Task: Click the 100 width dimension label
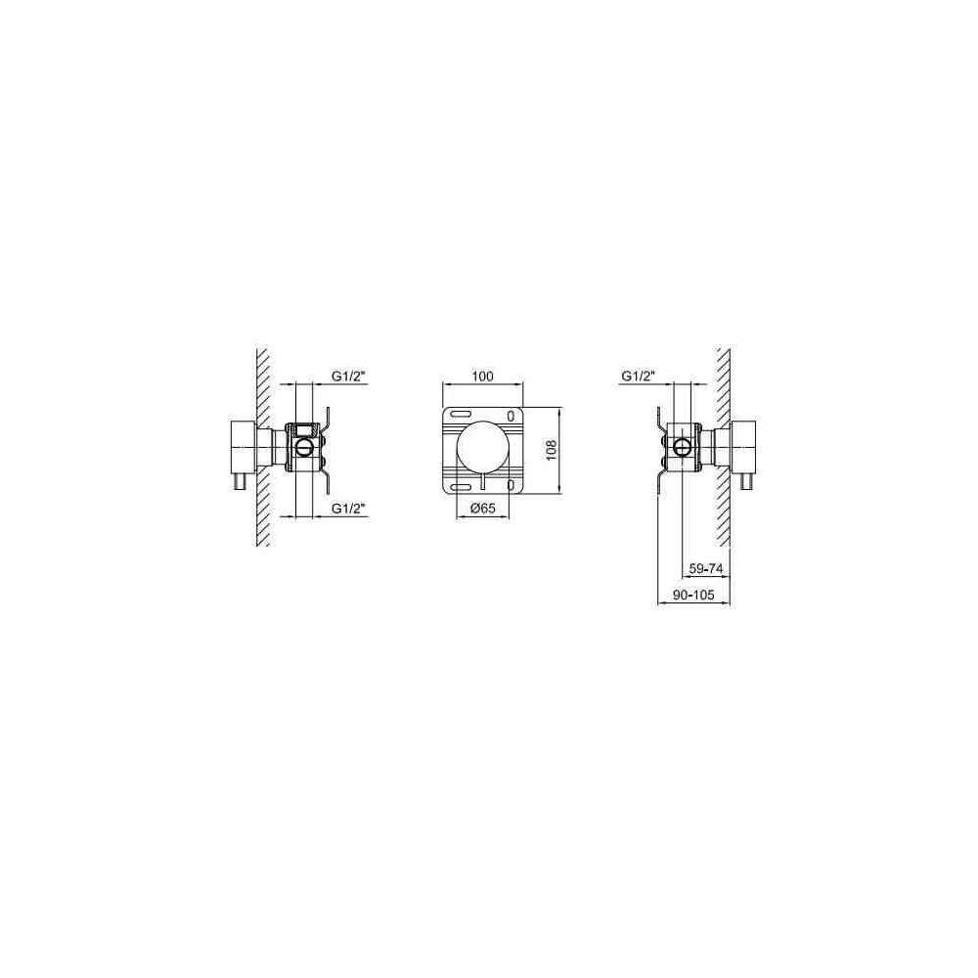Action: pos(483,377)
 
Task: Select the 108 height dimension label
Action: pos(552,450)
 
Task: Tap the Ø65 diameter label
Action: pos(482,509)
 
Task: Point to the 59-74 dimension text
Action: pos(705,568)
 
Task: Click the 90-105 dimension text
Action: pos(693,595)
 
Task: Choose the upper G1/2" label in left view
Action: pos(348,377)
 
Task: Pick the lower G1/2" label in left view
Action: pos(348,509)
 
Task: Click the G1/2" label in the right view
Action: pos(638,377)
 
